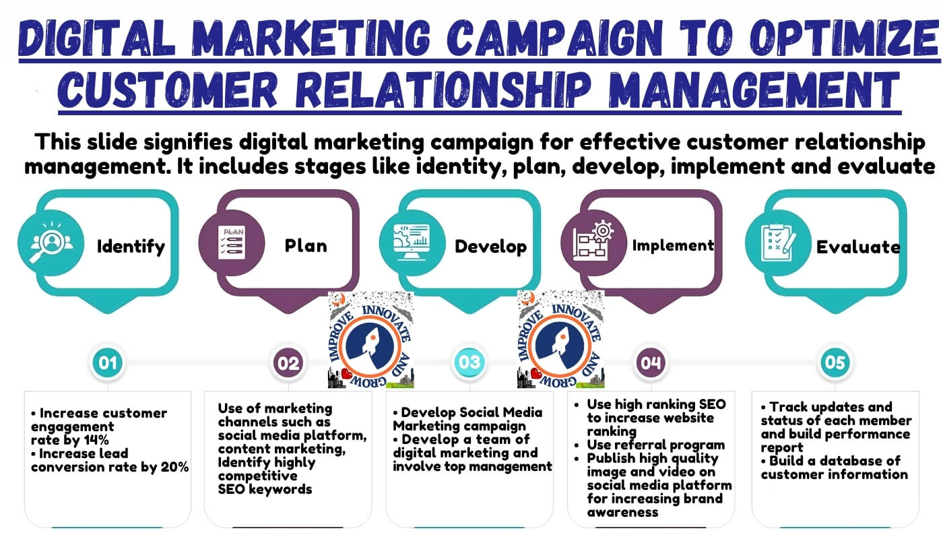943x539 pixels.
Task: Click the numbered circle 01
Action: tap(108, 362)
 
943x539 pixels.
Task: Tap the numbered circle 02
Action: tap(288, 362)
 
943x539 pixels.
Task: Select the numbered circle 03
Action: tap(469, 362)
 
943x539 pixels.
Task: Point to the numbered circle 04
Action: tap(651, 362)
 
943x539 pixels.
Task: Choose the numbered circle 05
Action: tap(835, 362)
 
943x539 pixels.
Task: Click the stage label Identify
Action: tap(131, 247)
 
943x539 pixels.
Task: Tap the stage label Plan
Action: tap(306, 245)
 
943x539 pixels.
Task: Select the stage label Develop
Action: tap(491, 247)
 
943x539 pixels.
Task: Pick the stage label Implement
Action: tap(673, 245)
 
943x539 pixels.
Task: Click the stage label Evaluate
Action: tap(858, 247)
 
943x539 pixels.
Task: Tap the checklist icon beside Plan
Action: tap(232, 243)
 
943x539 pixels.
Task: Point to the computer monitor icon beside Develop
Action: tap(412, 243)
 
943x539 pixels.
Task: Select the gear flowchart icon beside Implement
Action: tap(593, 241)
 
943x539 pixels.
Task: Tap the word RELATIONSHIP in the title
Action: tap(444, 90)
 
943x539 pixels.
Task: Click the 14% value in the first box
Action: tap(96, 440)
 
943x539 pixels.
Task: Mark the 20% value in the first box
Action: tap(174, 467)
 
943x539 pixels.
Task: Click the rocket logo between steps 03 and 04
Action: tap(560, 339)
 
